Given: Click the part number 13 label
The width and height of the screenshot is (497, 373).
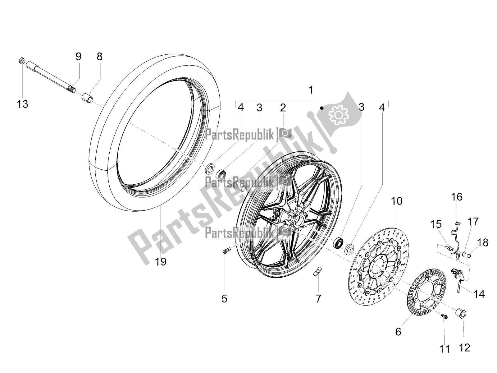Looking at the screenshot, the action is [x=22, y=104].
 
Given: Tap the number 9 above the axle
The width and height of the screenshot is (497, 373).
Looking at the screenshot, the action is [x=78, y=56].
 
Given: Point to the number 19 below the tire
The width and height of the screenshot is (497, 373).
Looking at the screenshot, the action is [x=161, y=262].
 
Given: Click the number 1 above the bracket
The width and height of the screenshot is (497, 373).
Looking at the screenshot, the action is [x=311, y=90].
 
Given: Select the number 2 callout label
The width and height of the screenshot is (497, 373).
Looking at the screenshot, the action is [x=283, y=108].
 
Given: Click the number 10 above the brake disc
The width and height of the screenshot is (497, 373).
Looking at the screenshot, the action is [x=397, y=201].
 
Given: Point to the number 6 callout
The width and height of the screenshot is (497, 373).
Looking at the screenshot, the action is [x=398, y=332].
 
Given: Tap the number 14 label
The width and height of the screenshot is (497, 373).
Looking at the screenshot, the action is [x=479, y=294].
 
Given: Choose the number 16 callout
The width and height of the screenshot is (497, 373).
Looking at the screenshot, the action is [x=457, y=197].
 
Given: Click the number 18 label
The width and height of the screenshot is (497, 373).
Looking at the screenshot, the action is [x=482, y=242].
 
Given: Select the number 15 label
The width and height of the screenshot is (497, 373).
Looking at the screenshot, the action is [x=436, y=224].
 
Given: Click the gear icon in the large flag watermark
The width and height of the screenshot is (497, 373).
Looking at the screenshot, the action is [x=339, y=115].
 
